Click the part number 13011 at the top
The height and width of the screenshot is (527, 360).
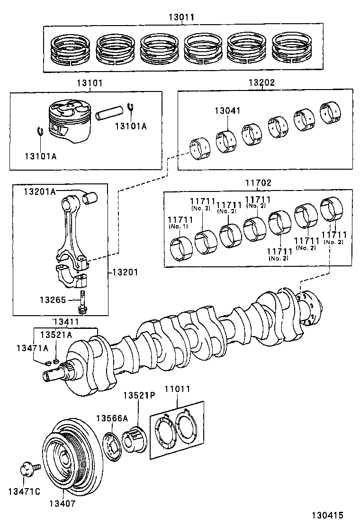[x=181, y=18]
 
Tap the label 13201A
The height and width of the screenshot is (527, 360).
[x=40, y=191]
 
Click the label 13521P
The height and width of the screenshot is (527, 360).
[x=139, y=395]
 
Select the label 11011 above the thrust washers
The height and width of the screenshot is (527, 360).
[x=177, y=389]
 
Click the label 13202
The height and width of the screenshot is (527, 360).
[x=261, y=82]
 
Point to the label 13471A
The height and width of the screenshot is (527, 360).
[x=32, y=348]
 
